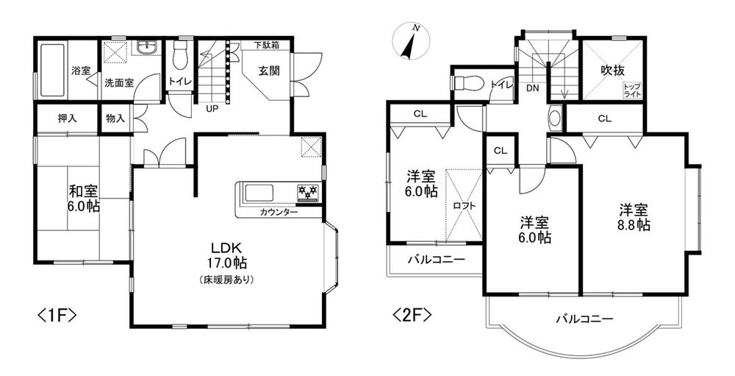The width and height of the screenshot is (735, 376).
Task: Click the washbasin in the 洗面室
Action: [149, 47]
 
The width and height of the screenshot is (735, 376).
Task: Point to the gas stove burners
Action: [308, 191]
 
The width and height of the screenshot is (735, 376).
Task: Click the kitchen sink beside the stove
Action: [258, 194]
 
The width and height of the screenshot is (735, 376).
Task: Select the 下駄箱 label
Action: [268, 45]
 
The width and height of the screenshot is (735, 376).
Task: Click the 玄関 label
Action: [269, 71]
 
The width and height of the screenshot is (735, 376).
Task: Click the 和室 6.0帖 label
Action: [85, 199]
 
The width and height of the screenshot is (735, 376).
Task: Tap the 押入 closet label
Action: [67, 118]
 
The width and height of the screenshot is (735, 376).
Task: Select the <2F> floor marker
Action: [412, 315]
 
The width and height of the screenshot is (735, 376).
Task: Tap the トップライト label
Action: [631, 91]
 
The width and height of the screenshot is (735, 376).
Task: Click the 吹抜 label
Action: [613, 71]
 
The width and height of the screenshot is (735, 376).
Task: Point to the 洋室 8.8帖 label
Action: [634, 217]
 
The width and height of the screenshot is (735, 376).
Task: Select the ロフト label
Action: [465, 205]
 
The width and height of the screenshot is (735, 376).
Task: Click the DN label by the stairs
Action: [532, 88]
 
